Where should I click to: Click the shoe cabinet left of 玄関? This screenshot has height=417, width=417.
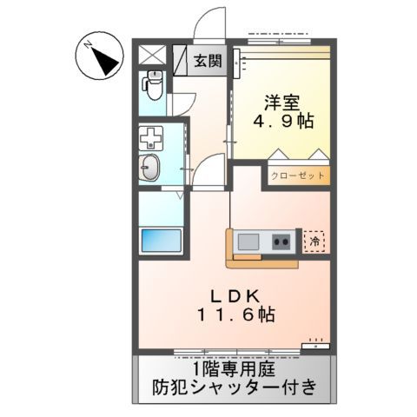point(180,60)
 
